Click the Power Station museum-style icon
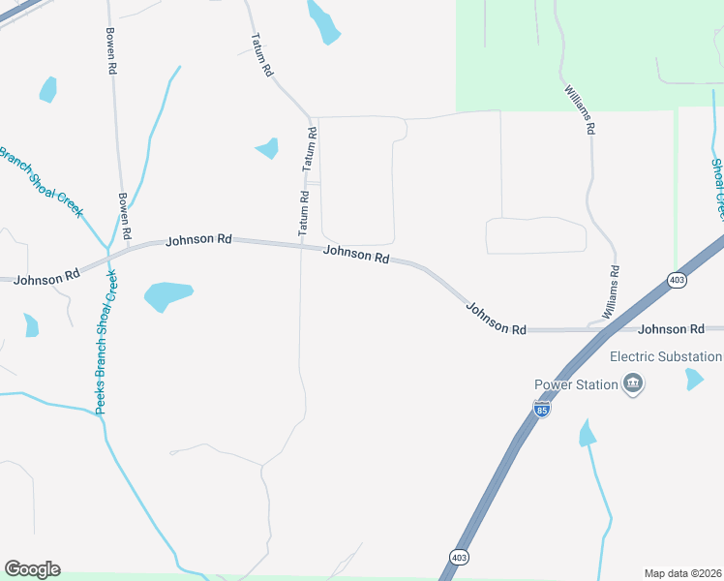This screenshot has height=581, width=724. coord(634,384)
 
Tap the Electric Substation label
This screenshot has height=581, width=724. coord(676,356)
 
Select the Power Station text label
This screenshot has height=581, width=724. coord(576,384)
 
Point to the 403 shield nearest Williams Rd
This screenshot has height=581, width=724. coord(677,280)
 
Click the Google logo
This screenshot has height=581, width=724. coord(32,569)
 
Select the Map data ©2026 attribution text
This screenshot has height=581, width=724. coord(682,573)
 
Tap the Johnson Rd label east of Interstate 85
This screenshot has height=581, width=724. coord(671,329)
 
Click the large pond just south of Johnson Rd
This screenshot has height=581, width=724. coord(167,295)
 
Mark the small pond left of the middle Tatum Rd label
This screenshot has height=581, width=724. coord(267,148)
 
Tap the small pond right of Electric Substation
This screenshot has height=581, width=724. coord(694,379)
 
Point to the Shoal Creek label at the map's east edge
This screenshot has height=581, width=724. coord(717,188)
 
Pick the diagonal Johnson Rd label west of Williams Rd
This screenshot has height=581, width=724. coord(496,319)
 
